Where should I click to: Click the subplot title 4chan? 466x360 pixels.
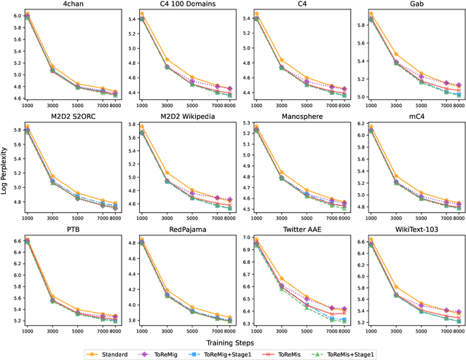66,4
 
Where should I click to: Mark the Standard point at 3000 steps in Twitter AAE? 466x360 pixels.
282,278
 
